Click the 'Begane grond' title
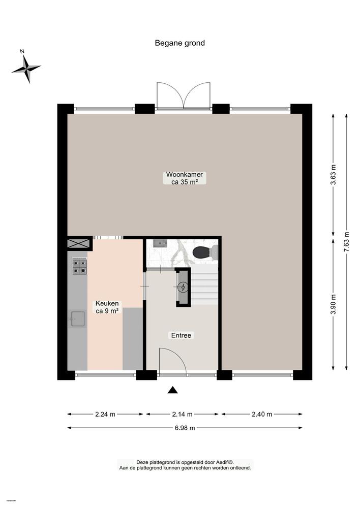tap(179, 43)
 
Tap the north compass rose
tap(26, 68)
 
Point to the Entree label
tap(181, 335)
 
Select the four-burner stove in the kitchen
tap(79, 266)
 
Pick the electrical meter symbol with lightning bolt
tap(183, 287)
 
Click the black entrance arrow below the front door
tap(173, 390)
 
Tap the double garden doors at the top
tap(184, 96)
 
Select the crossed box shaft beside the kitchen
tap(80, 244)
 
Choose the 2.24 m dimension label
tap(105, 414)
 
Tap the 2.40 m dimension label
tap(261, 414)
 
